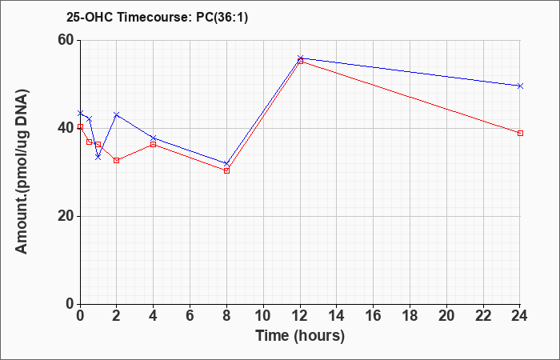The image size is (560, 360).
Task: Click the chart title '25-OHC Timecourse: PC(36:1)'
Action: coord(157,18)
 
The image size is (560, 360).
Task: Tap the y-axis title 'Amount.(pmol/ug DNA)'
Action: coord(22,171)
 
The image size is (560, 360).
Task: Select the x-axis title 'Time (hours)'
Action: coord(300,336)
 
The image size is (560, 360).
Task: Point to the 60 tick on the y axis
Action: coord(67,40)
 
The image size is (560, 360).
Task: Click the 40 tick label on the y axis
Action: coord(67,128)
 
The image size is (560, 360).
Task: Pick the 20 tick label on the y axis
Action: coord(67,216)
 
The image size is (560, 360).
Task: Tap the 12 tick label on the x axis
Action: coord(300,316)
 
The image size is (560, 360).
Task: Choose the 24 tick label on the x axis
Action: coord(520,316)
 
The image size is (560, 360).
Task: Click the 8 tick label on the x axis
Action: coord(226,316)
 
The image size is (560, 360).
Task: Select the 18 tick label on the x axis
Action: coord(410,316)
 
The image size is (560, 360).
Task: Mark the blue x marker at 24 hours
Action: coord(520,86)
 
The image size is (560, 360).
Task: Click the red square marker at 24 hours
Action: coord(520,134)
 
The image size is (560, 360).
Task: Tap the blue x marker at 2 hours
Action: coord(117,114)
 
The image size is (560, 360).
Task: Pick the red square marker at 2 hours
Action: coord(117,160)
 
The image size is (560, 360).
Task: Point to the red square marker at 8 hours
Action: coord(226,170)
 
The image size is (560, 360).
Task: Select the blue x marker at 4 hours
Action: coord(154,138)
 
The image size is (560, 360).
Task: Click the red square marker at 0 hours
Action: coord(80,126)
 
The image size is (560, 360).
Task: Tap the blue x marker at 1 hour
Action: coord(98,157)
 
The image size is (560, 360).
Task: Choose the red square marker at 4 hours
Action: coord(154,144)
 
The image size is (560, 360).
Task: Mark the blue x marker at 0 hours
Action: coord(80,113)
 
